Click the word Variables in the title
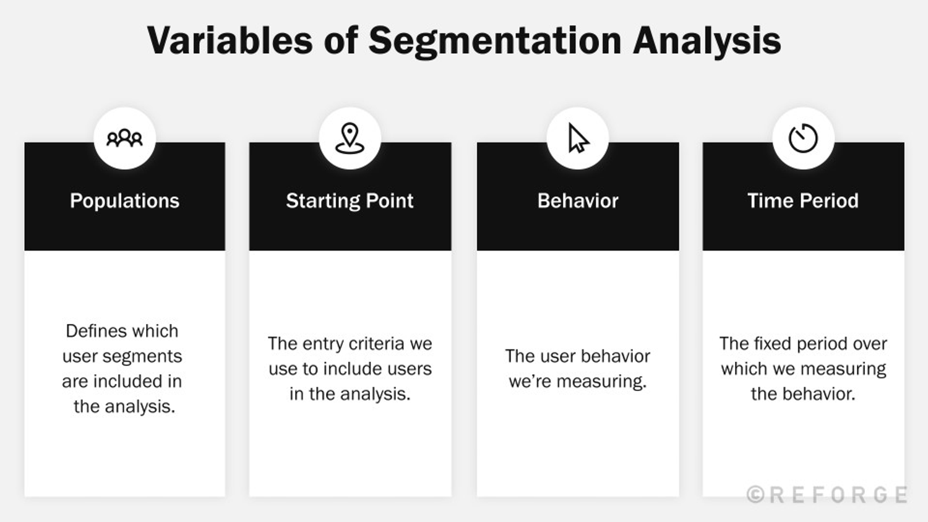click(x=230, y=41)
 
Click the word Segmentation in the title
click(x=495, y=41)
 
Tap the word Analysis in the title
click(x=707, y=41)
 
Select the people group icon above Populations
click(x=124, y=138)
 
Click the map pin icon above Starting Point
click(x=350, y=138)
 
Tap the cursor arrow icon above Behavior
click(x=578, y=138)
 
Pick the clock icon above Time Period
click(x=803, y=138)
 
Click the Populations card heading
click(x=124, y=201)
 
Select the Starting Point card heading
click(x=350, y=201)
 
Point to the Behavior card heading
click(x=578, y=201)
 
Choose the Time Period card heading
click(x=803, y=201)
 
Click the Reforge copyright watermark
click(x=827, y=495)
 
